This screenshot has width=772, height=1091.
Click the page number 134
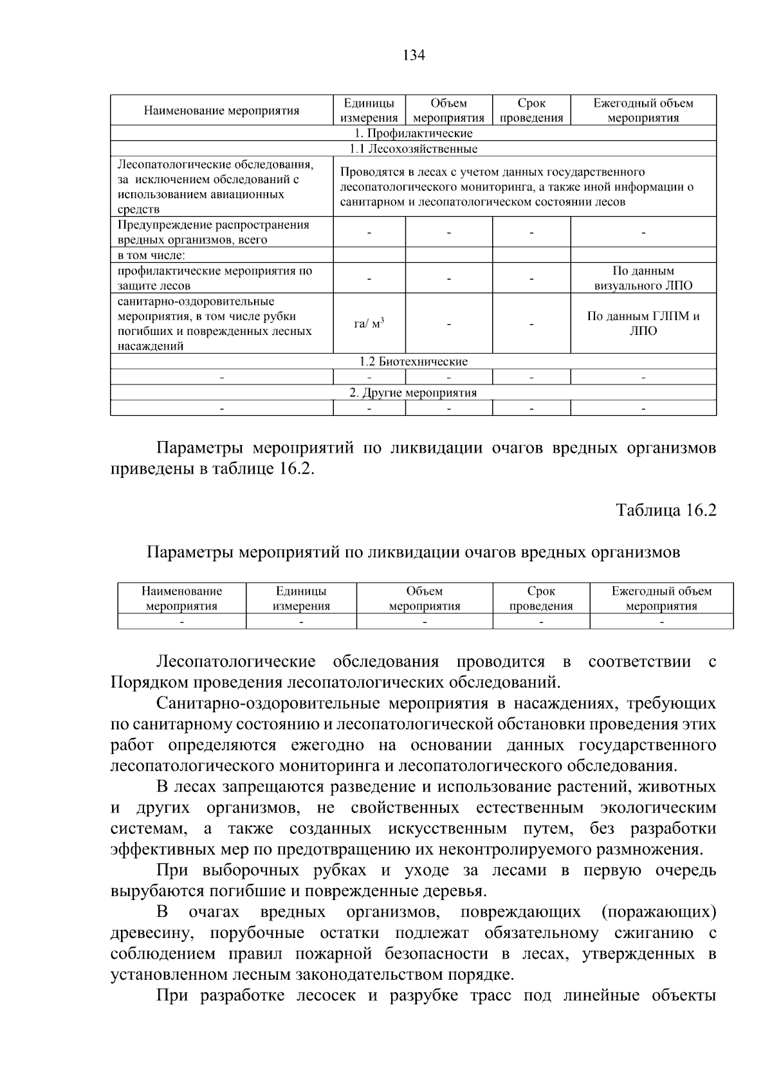pos(414,55)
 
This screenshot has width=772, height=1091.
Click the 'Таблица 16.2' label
pos(666,510)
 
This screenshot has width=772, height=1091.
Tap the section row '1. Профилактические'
pos(413,133)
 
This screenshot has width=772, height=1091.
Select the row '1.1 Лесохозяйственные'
pos(413,149)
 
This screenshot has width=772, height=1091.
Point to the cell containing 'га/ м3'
pos(369,324)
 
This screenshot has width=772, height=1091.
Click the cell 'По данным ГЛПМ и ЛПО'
pos(643,324)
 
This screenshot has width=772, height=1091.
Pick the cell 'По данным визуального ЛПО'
pos(643,278)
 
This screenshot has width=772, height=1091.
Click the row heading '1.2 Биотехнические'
pos(413,361)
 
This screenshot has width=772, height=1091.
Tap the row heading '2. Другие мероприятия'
pos(413,392)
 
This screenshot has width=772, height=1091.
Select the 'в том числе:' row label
pos(151,255)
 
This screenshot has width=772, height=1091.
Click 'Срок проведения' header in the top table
pos(531,111)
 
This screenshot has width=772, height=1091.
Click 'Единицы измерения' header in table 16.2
pos(301,599)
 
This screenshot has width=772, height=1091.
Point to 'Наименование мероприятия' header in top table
pos(221,111)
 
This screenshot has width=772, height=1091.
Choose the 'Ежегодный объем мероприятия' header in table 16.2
pos(661,599)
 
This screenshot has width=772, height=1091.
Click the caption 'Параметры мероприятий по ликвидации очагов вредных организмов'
pos(413,552)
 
